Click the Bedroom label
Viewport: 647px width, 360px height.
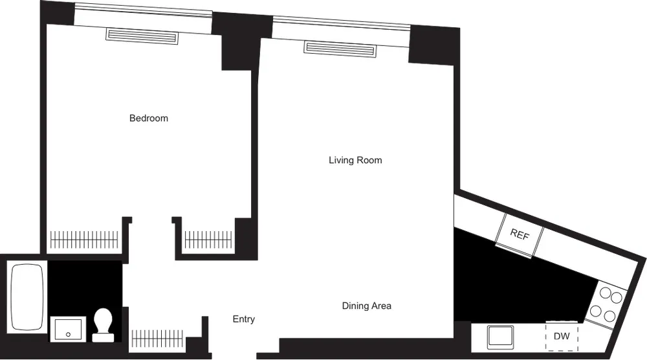click(149, 118)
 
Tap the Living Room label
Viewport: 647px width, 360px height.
click(355, 160)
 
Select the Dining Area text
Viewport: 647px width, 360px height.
click(367, 306)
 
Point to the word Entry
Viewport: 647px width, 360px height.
click(244, 319)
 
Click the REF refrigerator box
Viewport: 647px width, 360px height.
click(520, 235)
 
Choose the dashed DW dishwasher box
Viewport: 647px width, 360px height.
click(562, 336)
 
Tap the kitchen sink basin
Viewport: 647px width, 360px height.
click(500, 337)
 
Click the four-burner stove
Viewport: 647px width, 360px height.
click(608, 305)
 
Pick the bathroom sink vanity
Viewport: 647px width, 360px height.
click(68, 329)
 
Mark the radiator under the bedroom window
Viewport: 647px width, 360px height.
click(142, 36)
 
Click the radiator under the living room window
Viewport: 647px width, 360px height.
click(340, 49)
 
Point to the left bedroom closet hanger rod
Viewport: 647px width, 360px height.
click(85, 240)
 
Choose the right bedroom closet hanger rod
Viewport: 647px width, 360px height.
click(208, 240)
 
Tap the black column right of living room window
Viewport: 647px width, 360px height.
click(433, 45)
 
